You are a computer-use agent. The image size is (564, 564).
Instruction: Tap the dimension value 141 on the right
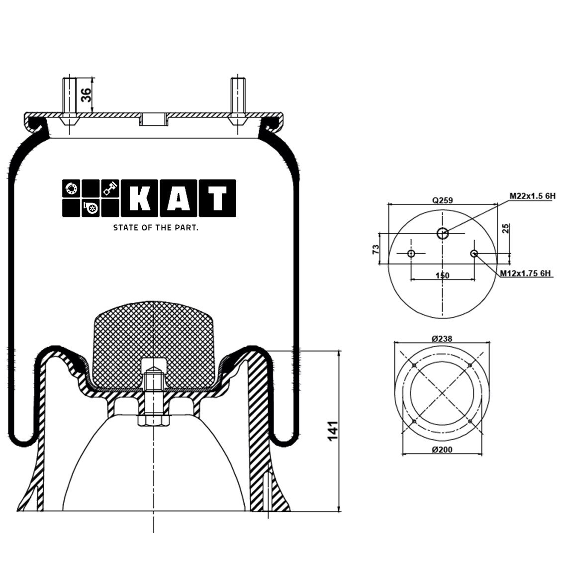(x=332, y=430)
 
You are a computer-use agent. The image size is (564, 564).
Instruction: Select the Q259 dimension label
(x=442, y=200)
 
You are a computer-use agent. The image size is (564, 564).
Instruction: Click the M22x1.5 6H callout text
(x=532, y=196)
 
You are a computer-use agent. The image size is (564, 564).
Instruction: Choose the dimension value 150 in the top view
(x=442, y=276)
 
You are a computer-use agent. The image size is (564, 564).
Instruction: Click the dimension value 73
(x=376, y=249)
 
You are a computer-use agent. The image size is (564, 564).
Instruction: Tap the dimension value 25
(x=506, y=229)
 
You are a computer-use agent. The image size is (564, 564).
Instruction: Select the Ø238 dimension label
(x=442, y=338)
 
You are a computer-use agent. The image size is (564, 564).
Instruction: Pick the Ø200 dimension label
(x=442, y=450)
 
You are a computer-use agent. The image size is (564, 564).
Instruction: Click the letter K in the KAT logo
(x=139, y=198)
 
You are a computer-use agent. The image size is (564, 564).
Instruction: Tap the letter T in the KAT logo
(x=217, y=198)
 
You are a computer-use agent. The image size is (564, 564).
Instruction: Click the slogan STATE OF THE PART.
(x=156, y=228)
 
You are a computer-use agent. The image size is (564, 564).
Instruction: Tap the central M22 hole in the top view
(x=442, y=233)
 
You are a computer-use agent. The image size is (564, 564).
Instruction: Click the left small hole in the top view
(x=411, y=254)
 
